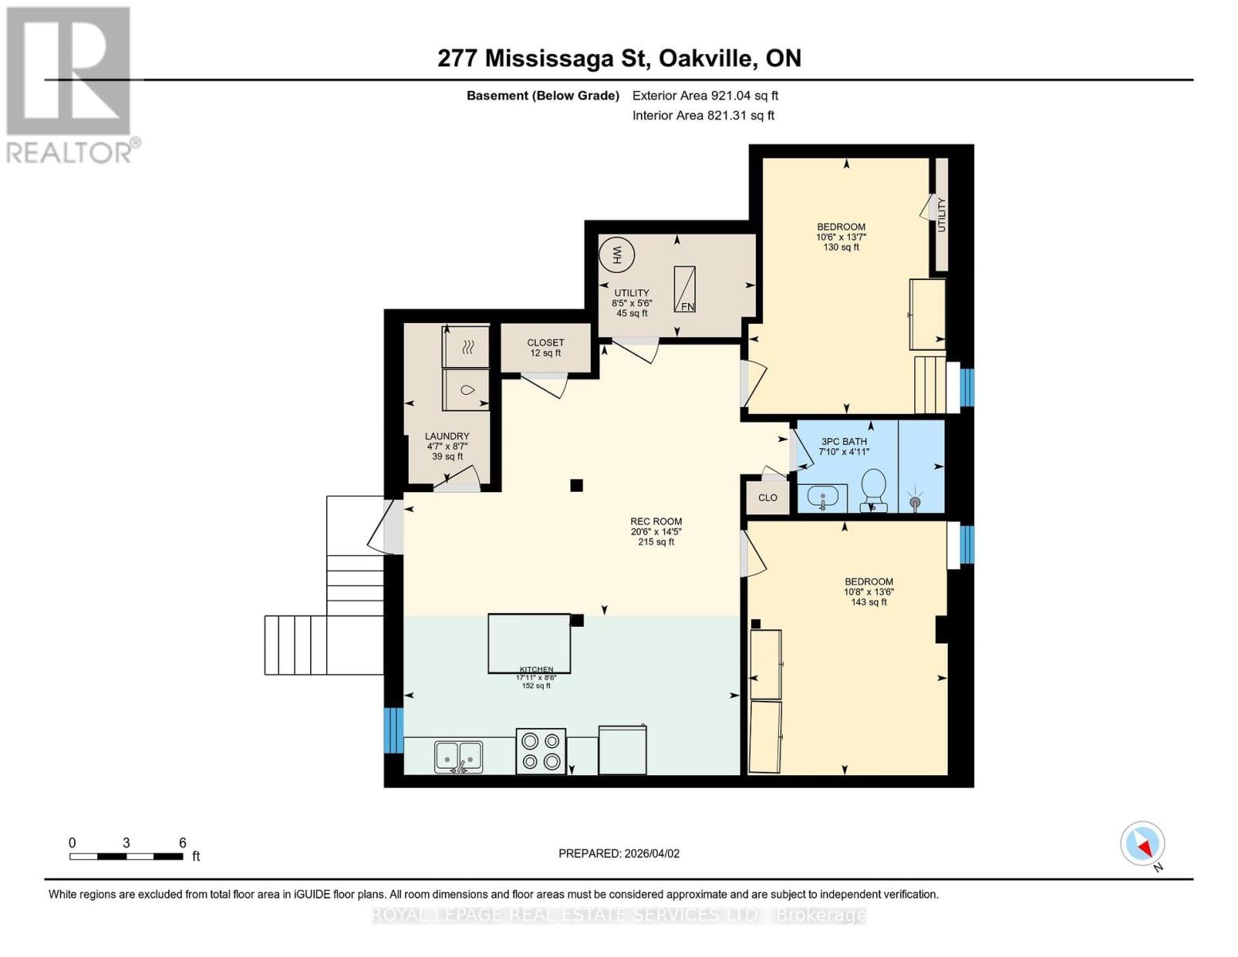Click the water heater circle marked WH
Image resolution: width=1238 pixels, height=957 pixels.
616,255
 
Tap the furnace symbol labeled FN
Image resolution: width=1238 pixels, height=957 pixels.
685,289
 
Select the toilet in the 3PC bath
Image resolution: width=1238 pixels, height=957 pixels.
874,487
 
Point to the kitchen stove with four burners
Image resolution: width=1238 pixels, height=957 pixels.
540,751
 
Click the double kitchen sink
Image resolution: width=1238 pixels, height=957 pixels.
458,756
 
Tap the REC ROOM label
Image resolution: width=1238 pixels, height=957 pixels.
656,522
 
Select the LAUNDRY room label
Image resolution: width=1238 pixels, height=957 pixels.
446,436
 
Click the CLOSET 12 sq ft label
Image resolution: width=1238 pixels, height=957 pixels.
545,348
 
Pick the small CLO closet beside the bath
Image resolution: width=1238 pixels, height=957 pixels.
767,498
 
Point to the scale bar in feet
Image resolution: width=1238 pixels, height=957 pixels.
126,857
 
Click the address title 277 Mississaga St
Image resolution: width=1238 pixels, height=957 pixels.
619,58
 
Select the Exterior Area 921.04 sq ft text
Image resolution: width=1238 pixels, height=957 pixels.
705,96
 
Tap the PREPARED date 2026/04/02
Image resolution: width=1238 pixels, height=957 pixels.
619,853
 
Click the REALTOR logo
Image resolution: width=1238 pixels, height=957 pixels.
70,84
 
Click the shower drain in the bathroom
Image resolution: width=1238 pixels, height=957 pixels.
915,502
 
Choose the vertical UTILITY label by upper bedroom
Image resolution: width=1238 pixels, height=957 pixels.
941,215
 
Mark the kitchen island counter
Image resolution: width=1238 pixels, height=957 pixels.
529,643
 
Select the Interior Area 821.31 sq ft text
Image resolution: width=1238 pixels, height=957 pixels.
703,116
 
